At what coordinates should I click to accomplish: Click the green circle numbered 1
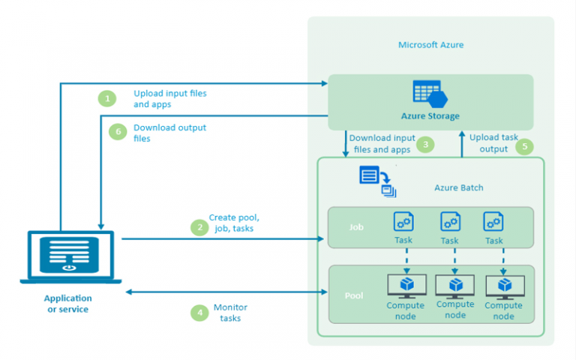click(107, 98)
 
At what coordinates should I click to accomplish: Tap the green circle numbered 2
click(199, 227)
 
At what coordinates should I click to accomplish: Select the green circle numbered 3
click(425, 145)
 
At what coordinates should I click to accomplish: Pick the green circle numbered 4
click(199, 313)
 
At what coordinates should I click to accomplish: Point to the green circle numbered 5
click(524, 146)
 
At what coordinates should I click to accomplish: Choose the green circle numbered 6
click(118, 131)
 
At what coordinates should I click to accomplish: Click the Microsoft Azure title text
click(431, 45)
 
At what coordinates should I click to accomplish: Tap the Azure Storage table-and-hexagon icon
click(430, 94)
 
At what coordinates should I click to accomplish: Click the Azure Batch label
click(459, 187)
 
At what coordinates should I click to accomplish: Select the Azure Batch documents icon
click(378, 181)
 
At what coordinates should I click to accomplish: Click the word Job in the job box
click(356, 227)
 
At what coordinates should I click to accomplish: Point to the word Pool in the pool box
click(354, 295)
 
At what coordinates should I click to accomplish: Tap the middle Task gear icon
click(450, 221)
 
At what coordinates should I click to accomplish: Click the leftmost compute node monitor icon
click(406, 286)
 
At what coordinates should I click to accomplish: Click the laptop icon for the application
click(70, 257)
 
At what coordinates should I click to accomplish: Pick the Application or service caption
click(68, 304)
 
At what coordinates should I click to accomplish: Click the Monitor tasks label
click(230, 313)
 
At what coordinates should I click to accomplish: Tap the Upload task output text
click(493, 143)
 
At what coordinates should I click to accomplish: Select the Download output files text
click(169, 133)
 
